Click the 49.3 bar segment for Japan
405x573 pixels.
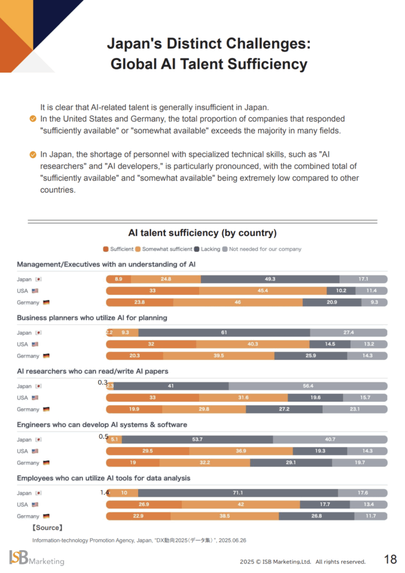(270, 279)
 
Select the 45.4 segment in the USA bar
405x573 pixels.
(262, 290)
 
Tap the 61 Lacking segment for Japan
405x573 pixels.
(224, 332)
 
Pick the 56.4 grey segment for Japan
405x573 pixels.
(308, 386)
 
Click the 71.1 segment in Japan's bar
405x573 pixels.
(238, 493)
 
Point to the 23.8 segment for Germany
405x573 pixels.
(139, 302)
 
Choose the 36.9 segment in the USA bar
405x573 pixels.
(241, 451)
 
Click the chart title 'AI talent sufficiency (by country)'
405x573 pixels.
(202, 233)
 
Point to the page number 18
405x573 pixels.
(390, 559)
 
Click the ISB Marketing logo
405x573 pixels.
(36, 558)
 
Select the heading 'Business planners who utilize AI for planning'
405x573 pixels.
(92, 318)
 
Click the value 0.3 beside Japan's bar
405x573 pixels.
(102, 382)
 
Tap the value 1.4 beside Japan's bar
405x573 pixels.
(104, 492)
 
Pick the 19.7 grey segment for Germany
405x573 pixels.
(360, 463)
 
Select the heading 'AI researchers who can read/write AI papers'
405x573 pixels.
(92, 371)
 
